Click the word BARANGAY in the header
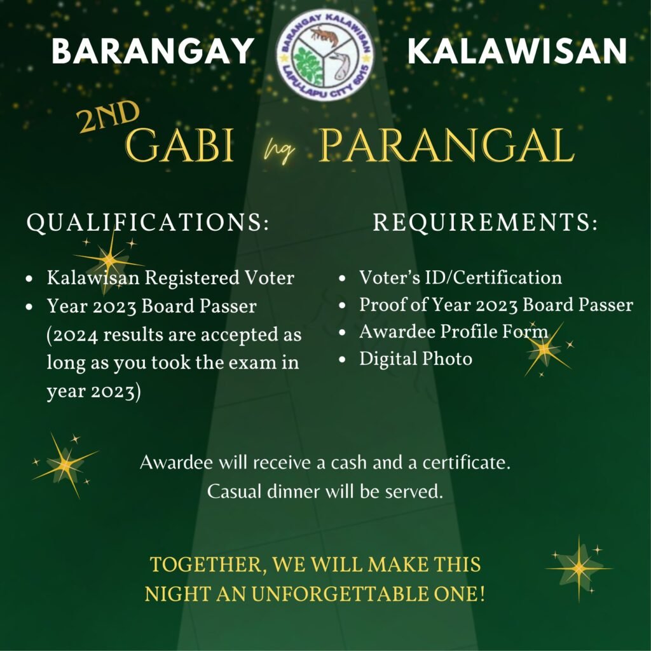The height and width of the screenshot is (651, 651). point(153,51)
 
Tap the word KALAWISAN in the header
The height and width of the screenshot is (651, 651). point(517,51)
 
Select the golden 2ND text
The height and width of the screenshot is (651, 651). point(108,116)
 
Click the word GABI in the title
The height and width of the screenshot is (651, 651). point(179,146)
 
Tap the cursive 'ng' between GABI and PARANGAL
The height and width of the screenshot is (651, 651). point(280,151)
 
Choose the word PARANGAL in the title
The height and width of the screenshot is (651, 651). point(447,146)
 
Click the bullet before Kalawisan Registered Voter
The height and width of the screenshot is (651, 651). point(29,278)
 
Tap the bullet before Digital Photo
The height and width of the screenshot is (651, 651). point(342,360)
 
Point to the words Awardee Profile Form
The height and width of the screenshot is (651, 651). point(453,332)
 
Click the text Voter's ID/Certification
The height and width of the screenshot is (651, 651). point(460,277)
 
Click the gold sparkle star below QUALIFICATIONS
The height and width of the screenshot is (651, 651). point(109,259)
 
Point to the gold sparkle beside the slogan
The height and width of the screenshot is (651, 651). point(579,568)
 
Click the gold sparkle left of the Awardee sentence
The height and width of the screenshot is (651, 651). point(65,465)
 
